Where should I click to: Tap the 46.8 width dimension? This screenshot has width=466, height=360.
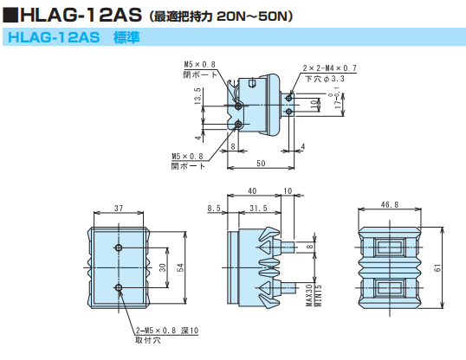tap(389, 206)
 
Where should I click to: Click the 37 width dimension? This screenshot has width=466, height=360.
tap(119, 209)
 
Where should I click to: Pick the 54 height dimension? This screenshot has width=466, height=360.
tap(180, 268)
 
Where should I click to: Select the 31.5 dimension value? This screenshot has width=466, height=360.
tap(257, 209)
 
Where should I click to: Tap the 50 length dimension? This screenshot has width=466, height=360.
tap(261, 163)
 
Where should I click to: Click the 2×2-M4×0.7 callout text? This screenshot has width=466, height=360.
tap(330, 67)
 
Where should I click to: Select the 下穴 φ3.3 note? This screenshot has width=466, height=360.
tap(325, 78)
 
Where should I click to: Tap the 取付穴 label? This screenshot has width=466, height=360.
tap(146, 341)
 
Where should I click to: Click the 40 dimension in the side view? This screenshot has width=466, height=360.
tap(252, 191)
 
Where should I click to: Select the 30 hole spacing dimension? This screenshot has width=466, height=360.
tap(163, 268)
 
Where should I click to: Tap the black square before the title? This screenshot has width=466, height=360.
tap(10, 15)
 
